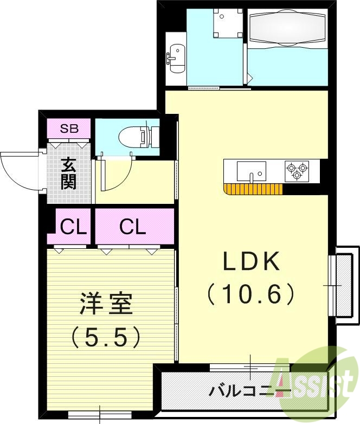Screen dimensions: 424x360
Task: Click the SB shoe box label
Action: (x=69, y=129)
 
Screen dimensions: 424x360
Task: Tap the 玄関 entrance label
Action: (x=68, y=172)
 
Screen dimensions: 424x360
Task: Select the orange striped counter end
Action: (x=253, y=189)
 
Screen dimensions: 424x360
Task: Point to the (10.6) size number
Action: (x=251, y=294)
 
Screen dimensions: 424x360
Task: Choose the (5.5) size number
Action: (x=107, y=337)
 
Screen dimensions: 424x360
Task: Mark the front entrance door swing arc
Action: (x=19, y=171)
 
